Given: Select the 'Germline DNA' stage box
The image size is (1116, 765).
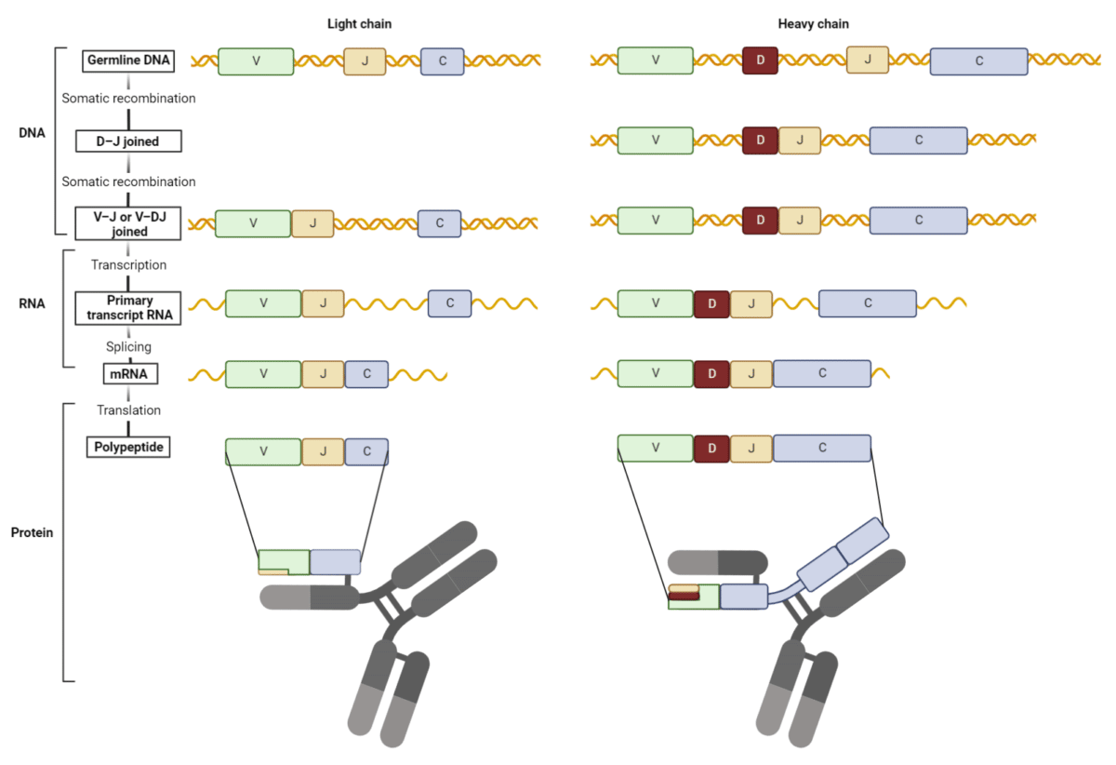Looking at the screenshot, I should point(128,60).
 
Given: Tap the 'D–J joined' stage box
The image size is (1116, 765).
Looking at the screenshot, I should point(128,141).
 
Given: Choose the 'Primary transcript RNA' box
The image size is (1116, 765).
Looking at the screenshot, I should point(128,307).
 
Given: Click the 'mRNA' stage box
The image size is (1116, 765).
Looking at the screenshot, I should point(129,374).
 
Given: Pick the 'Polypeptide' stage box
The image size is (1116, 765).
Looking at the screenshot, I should point(129,448).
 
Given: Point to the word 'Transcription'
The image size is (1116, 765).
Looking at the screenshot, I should point(128,265).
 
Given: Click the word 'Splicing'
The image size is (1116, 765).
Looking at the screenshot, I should point(128,347).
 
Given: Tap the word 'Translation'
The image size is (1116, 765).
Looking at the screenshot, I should point(128,410).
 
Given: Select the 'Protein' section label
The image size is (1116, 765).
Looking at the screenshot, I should point(32,533).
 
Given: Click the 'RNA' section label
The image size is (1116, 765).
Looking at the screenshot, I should point(32,303).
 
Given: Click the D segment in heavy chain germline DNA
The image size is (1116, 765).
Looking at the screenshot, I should point(761,61).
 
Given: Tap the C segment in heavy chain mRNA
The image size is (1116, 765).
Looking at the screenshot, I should point(822,374).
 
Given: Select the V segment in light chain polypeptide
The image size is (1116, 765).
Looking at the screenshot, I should point(263,451).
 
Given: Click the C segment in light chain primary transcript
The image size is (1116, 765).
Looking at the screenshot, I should point(449,304).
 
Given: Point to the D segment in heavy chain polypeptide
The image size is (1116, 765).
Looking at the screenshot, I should point(711,449).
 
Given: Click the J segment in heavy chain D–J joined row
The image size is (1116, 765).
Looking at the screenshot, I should point(799,141).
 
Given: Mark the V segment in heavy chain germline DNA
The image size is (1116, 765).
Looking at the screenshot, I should point(656,60).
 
